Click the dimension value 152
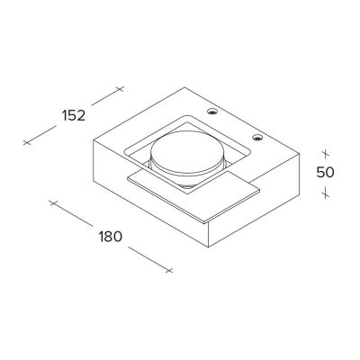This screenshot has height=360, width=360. [x=74, y=116]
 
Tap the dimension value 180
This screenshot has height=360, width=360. [x=111, y=237]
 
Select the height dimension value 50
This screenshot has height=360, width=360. [x=325, y=172]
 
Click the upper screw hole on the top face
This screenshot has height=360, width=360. [x=212, y=112]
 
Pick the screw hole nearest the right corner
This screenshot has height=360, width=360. [x=257, y=138]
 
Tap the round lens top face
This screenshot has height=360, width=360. [x=187, y=152]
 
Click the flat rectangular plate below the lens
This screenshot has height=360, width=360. [x=193, y=196]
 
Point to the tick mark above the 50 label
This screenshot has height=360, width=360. [x=325, y=154]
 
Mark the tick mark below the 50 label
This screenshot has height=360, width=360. [x=325, y=192]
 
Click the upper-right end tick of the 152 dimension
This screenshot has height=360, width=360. [x=120, y=89]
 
